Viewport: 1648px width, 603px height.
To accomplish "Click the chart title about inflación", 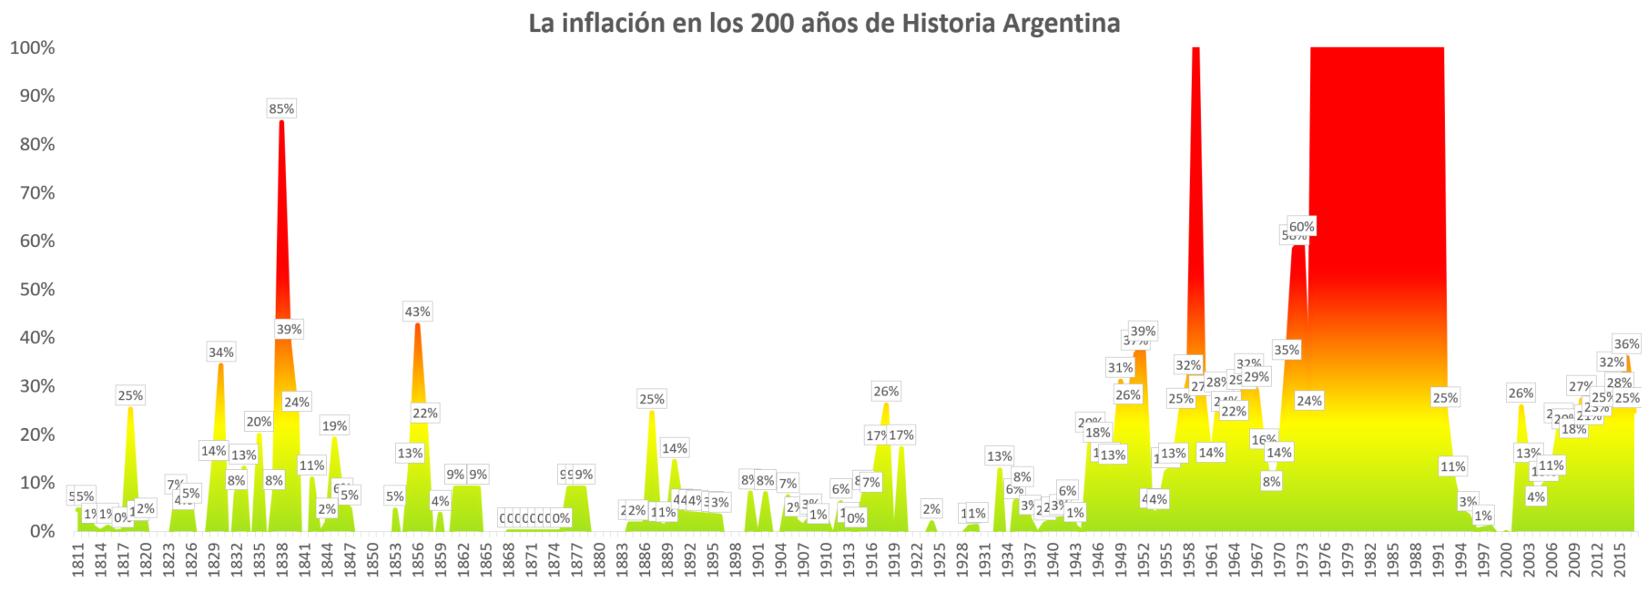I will (x=824, y=23).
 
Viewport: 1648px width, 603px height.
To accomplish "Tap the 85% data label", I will (x=281, y=108).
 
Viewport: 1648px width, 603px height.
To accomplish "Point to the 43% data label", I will (x=417, y=312).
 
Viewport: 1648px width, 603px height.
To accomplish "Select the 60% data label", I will (x=1301, y=227).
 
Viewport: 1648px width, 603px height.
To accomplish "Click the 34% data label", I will (x=220, y=353).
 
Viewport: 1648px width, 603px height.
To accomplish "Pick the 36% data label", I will (x=1626, y=343).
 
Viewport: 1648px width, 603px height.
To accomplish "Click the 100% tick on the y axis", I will (x=33, y=47).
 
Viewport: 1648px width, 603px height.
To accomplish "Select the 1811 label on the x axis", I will (x=78, y=559).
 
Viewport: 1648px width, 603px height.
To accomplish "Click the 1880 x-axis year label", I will (x=599, y=559).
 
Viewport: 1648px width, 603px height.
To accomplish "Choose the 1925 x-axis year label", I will (x=939, y=559).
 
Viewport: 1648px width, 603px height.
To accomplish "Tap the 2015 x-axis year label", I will (x=1619, y=559).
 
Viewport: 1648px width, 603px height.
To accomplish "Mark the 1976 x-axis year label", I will (x=1325, y=559).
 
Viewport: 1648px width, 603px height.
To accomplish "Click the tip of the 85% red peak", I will (x=281, y=122).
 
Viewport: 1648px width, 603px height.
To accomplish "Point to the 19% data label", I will (x=334, y=425).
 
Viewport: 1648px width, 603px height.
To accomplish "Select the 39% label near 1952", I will (x=1143, y=332).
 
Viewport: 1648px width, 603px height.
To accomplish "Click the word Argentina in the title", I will (x=1062, y=23).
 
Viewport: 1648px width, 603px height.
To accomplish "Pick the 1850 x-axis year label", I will (x=372, y=559).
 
